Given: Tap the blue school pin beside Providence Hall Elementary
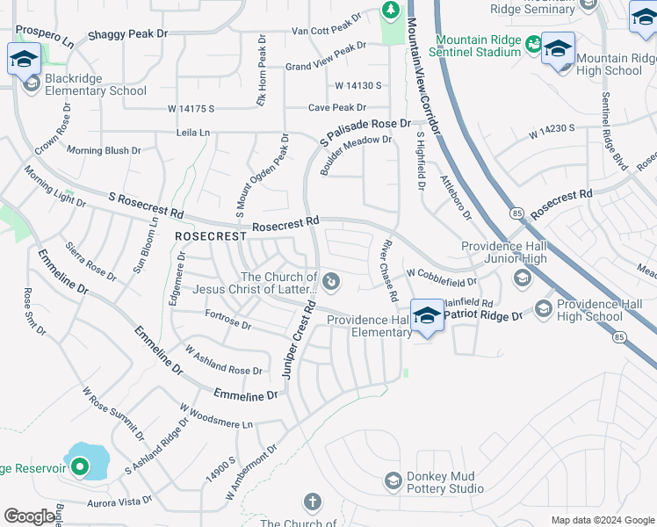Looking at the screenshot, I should [x=427, y=315].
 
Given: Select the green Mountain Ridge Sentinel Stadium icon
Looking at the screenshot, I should [x=533, y=43].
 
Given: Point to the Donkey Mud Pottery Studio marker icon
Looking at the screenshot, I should [x=393, y=480].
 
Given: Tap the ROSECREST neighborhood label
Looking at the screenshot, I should [x=211, y=237].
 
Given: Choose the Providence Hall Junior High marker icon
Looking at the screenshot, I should [x=522, y=278].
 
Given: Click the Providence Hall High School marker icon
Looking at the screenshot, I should [x=543, y=307].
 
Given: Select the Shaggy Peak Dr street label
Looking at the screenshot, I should [x=127, y=35].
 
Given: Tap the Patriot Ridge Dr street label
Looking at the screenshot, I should [x=483, y=313].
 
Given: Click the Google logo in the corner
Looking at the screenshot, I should [x=30, y=516].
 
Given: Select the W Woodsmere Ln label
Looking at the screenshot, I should [x=216, y=416].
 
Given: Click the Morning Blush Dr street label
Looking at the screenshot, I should [x=104, y=150].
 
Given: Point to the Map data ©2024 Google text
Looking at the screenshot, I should [x=602, y=520].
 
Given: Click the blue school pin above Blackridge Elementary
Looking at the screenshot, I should [x=22, y=60].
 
